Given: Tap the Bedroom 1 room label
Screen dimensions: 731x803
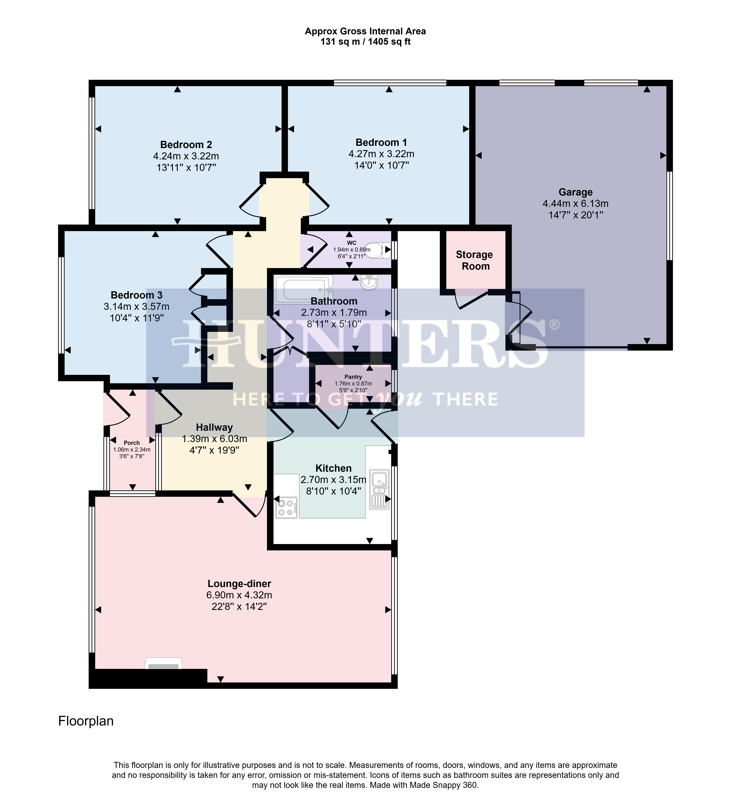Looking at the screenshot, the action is pyautogui.click(x=381, y=142).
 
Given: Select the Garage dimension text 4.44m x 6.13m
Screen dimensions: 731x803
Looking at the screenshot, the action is pyautogui.click(x=575, y=204).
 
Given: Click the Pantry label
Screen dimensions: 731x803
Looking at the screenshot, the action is pyautogui.click(x=353, y=377).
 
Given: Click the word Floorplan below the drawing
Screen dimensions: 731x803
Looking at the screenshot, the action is pyautogui.click(x=86, y=721).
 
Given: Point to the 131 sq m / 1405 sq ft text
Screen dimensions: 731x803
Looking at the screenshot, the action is pyautogui.click(x=365, y=41).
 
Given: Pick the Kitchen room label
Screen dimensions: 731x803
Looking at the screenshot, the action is pyautogui.click(x=333, y=468).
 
